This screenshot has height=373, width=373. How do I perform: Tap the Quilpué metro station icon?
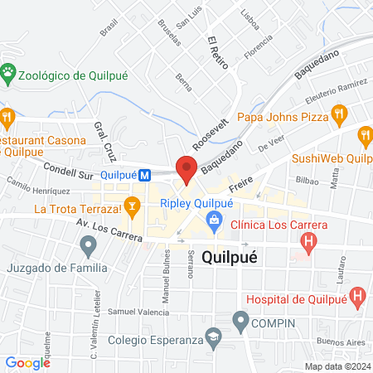tap(144, 176)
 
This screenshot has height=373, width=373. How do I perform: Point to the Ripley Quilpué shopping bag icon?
tap(215, 219)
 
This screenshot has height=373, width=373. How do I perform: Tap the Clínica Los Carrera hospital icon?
tap(308, 243)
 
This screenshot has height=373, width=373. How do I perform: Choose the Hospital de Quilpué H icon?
tap(358, 294)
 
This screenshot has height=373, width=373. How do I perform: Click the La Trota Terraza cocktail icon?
tap(131, 205)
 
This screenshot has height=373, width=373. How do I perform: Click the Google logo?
tap(27, 362)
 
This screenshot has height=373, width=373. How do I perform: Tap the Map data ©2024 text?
tap(337, 366)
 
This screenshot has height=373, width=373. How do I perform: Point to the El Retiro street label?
tap(218, 53)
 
